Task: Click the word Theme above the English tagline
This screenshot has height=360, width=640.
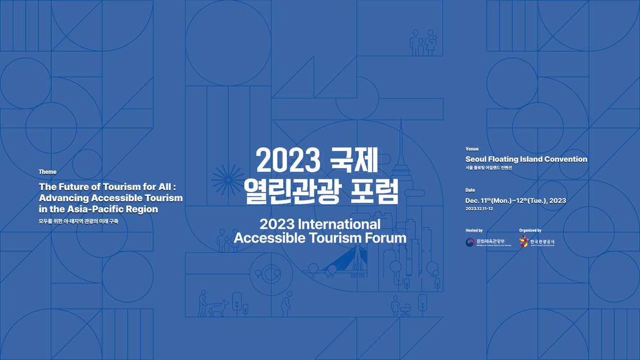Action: tap(47, 172)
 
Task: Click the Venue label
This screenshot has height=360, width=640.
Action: tap(472, 149)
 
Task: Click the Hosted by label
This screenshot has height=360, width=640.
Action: tap(474, 230)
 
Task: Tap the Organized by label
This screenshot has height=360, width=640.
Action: tap(530, 230)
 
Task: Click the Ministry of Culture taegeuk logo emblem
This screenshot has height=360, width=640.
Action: tap(470, 243)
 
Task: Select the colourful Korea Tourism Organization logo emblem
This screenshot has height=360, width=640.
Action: tap(524, 243)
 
